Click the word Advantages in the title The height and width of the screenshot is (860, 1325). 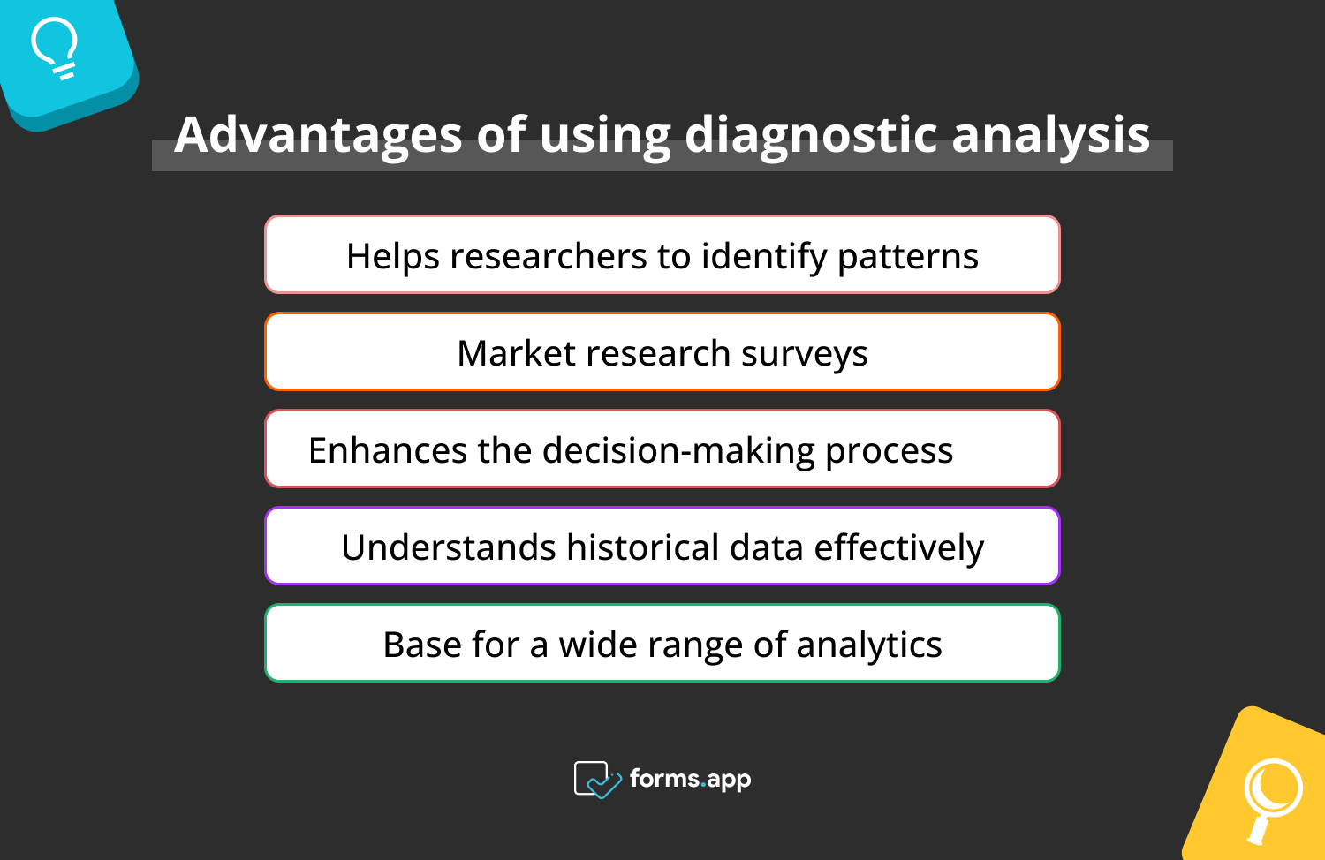[318, 135]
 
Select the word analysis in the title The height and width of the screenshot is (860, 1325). [1050, 135]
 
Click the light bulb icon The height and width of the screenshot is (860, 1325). [55, 49]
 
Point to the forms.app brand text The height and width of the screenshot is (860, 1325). [690, 779]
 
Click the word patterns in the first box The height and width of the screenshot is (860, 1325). [907, 257]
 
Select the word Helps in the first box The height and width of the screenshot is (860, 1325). [392, 257]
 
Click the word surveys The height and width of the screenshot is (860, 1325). [804, 354]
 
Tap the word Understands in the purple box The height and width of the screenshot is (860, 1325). [448, 547]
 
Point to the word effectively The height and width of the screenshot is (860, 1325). [898, 548]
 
